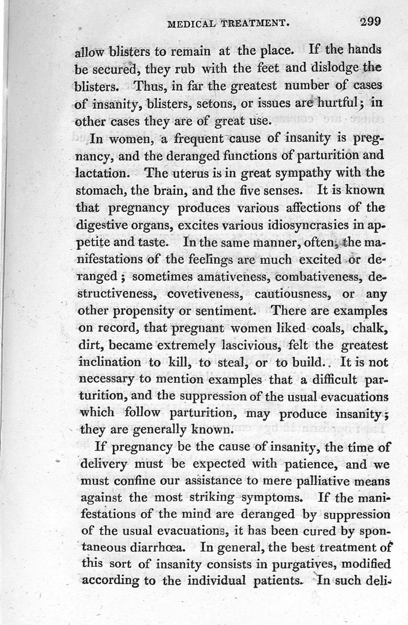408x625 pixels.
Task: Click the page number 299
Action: point(370,22)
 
